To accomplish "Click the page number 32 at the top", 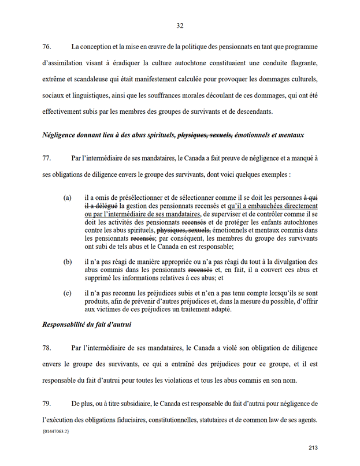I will tap(180, 25).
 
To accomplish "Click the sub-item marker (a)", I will tap(68, 197).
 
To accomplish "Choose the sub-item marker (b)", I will tap(68, 262).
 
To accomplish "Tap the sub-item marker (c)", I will tap(68, 293).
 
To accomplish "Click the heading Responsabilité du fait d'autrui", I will tap(87, 325).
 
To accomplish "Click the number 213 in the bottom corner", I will tap(313, 448).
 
